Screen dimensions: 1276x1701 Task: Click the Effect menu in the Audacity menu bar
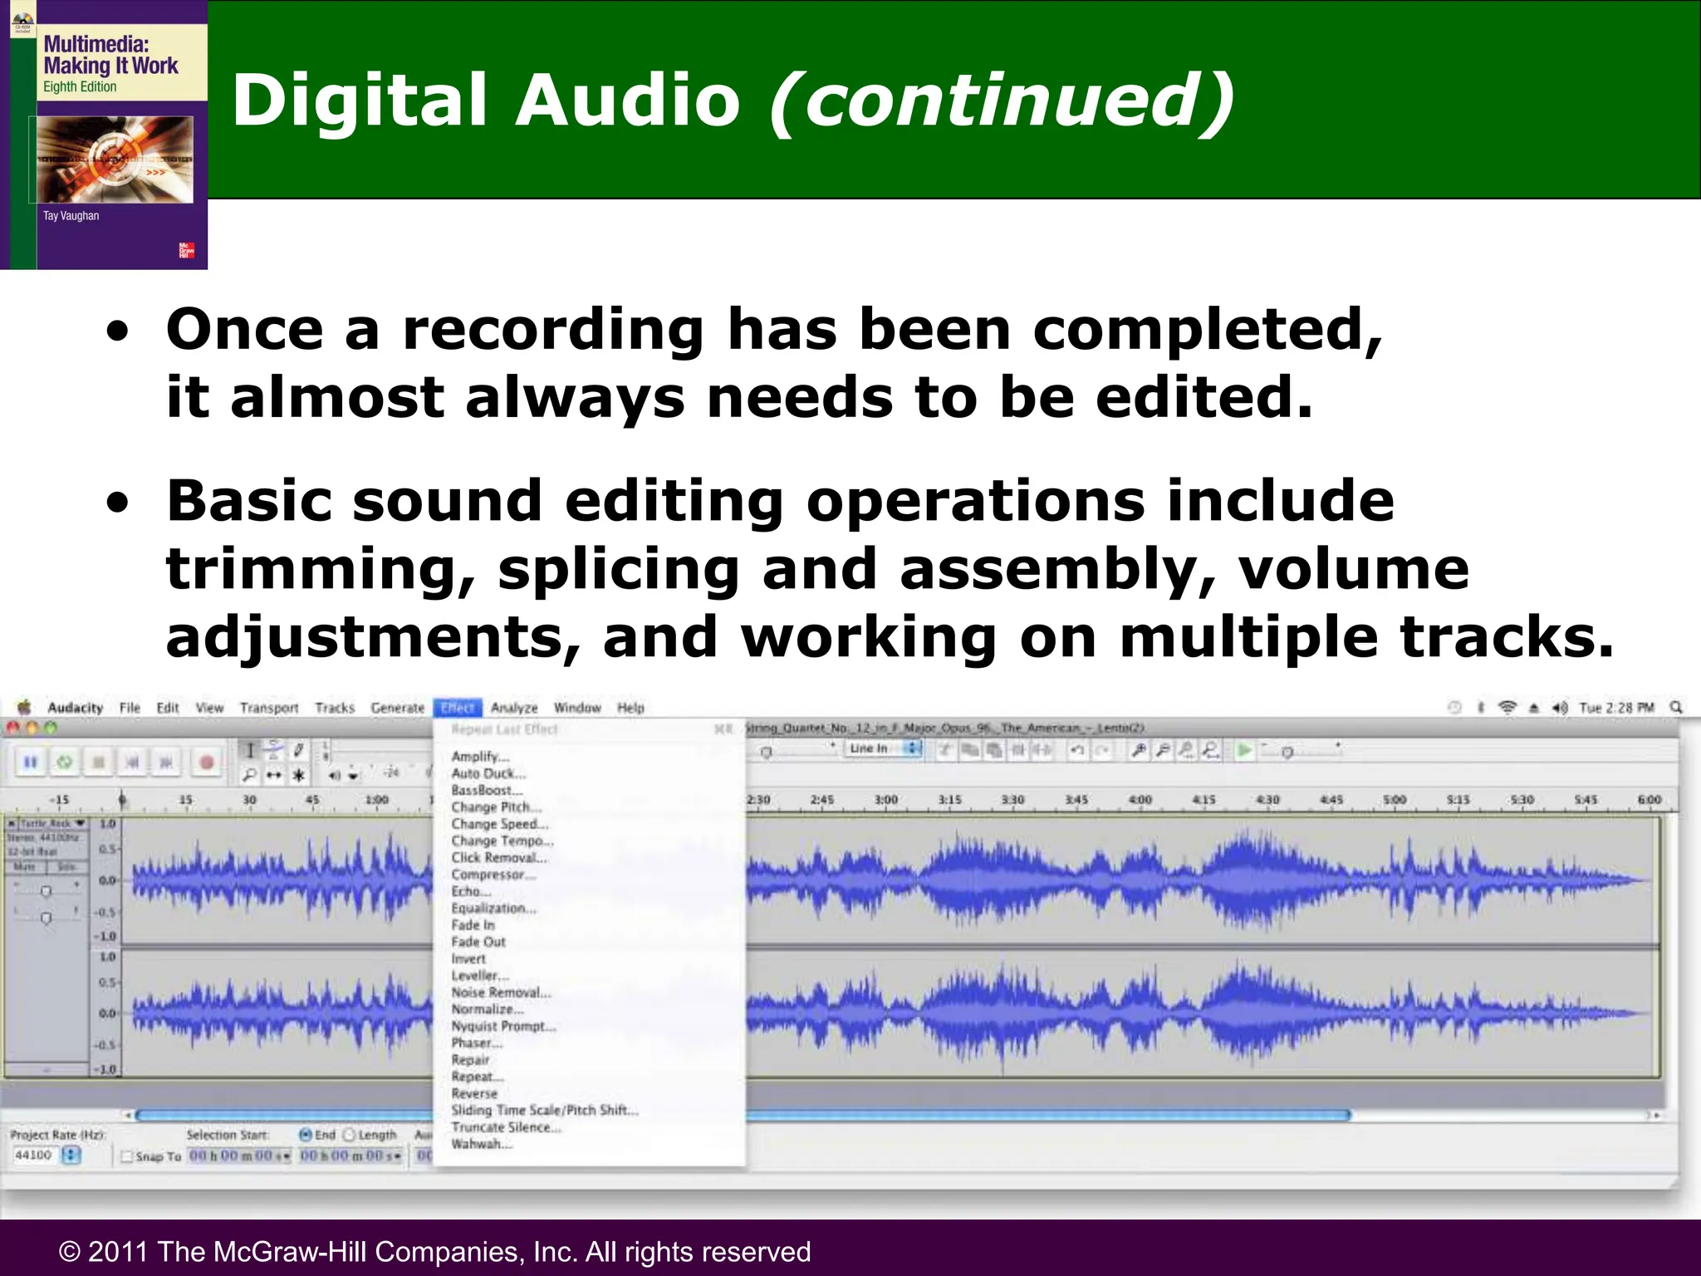[x=458, y=708]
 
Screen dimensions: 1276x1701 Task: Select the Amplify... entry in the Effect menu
[x=480, y=757]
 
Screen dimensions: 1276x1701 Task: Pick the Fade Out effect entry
[x=478, y=942]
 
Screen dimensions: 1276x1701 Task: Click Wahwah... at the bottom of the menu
[x=482, y=1145]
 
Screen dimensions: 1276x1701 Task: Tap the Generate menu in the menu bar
[x=397, y=708]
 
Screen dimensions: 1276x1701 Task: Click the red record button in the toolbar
[x=207, y=762]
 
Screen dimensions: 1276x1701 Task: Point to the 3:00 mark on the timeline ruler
[x=886, y=800]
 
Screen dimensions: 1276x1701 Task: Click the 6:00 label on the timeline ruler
[x=1649, y=800]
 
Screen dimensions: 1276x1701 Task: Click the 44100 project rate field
[x=34, y=1156]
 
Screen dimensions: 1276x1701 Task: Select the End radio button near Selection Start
[x=306, y=1135]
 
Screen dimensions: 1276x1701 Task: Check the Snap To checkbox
[x=127, y=1156]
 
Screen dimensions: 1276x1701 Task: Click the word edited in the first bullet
[x=1204, y=397]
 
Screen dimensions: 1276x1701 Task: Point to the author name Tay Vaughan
[x=71, y=216]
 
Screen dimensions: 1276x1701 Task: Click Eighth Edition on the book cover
[x=80, y=87]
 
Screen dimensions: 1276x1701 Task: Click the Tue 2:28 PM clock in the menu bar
[x=1616, y=708]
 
